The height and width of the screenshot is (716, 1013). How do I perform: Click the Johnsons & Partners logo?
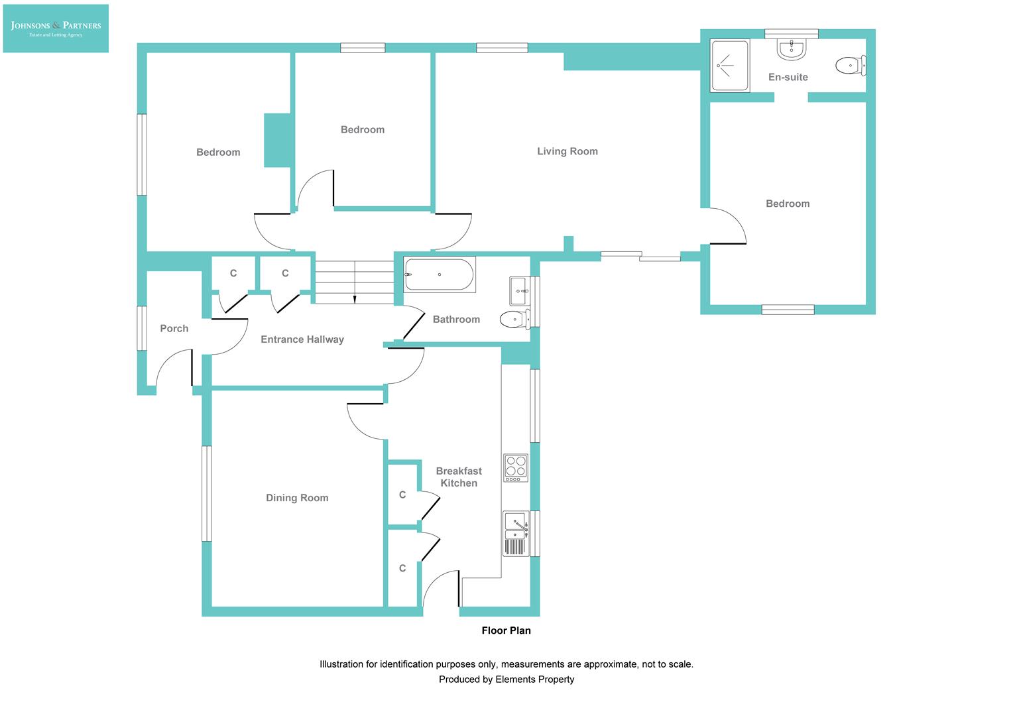(x=56, y=29)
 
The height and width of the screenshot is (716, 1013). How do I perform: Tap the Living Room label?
(x=567, y=151)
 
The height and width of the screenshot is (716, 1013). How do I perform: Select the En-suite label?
(x=788, y=77)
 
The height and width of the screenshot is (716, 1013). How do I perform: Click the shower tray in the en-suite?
(x=729, y=66)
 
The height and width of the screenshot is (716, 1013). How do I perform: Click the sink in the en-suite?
(x=791, y=49)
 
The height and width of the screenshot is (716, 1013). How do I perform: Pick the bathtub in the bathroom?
(x=439, y=274)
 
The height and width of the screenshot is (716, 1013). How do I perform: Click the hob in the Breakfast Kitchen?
(x=515, y=467)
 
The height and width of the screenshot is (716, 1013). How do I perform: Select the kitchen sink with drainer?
(x=515, y=533)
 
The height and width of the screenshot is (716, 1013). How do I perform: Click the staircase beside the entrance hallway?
(x=354, y=282)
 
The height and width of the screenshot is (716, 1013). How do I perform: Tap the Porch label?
(x=174, y=328)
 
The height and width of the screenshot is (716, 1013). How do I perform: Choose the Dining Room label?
(x=297, y=498)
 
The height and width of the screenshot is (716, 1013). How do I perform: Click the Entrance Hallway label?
(x=302, y=339)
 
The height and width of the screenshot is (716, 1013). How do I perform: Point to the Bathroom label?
(x=456, y=320)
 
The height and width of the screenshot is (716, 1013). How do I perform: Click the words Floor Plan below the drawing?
(x=506, y=630)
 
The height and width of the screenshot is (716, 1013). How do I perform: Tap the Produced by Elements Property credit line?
(x=506, y=679)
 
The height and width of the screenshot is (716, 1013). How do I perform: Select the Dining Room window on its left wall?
(x=206, y=493)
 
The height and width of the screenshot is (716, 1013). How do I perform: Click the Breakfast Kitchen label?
(x=459, y=477)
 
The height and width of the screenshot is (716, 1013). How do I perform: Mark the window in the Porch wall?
(x=141, y=328)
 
